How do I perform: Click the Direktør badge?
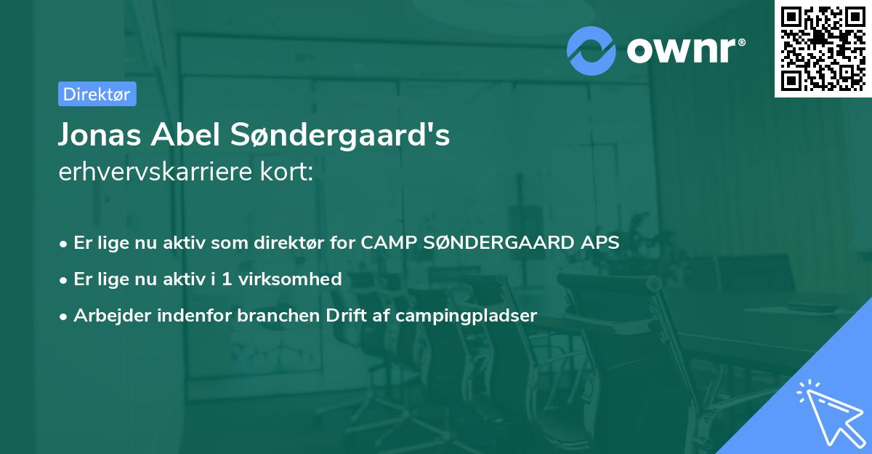point(97,94)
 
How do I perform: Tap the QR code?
point(823,49)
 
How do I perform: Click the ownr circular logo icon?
point(592,50)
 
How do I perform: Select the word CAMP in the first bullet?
point(385,243)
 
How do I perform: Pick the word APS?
point(599,243)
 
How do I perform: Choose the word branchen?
point(272,316)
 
